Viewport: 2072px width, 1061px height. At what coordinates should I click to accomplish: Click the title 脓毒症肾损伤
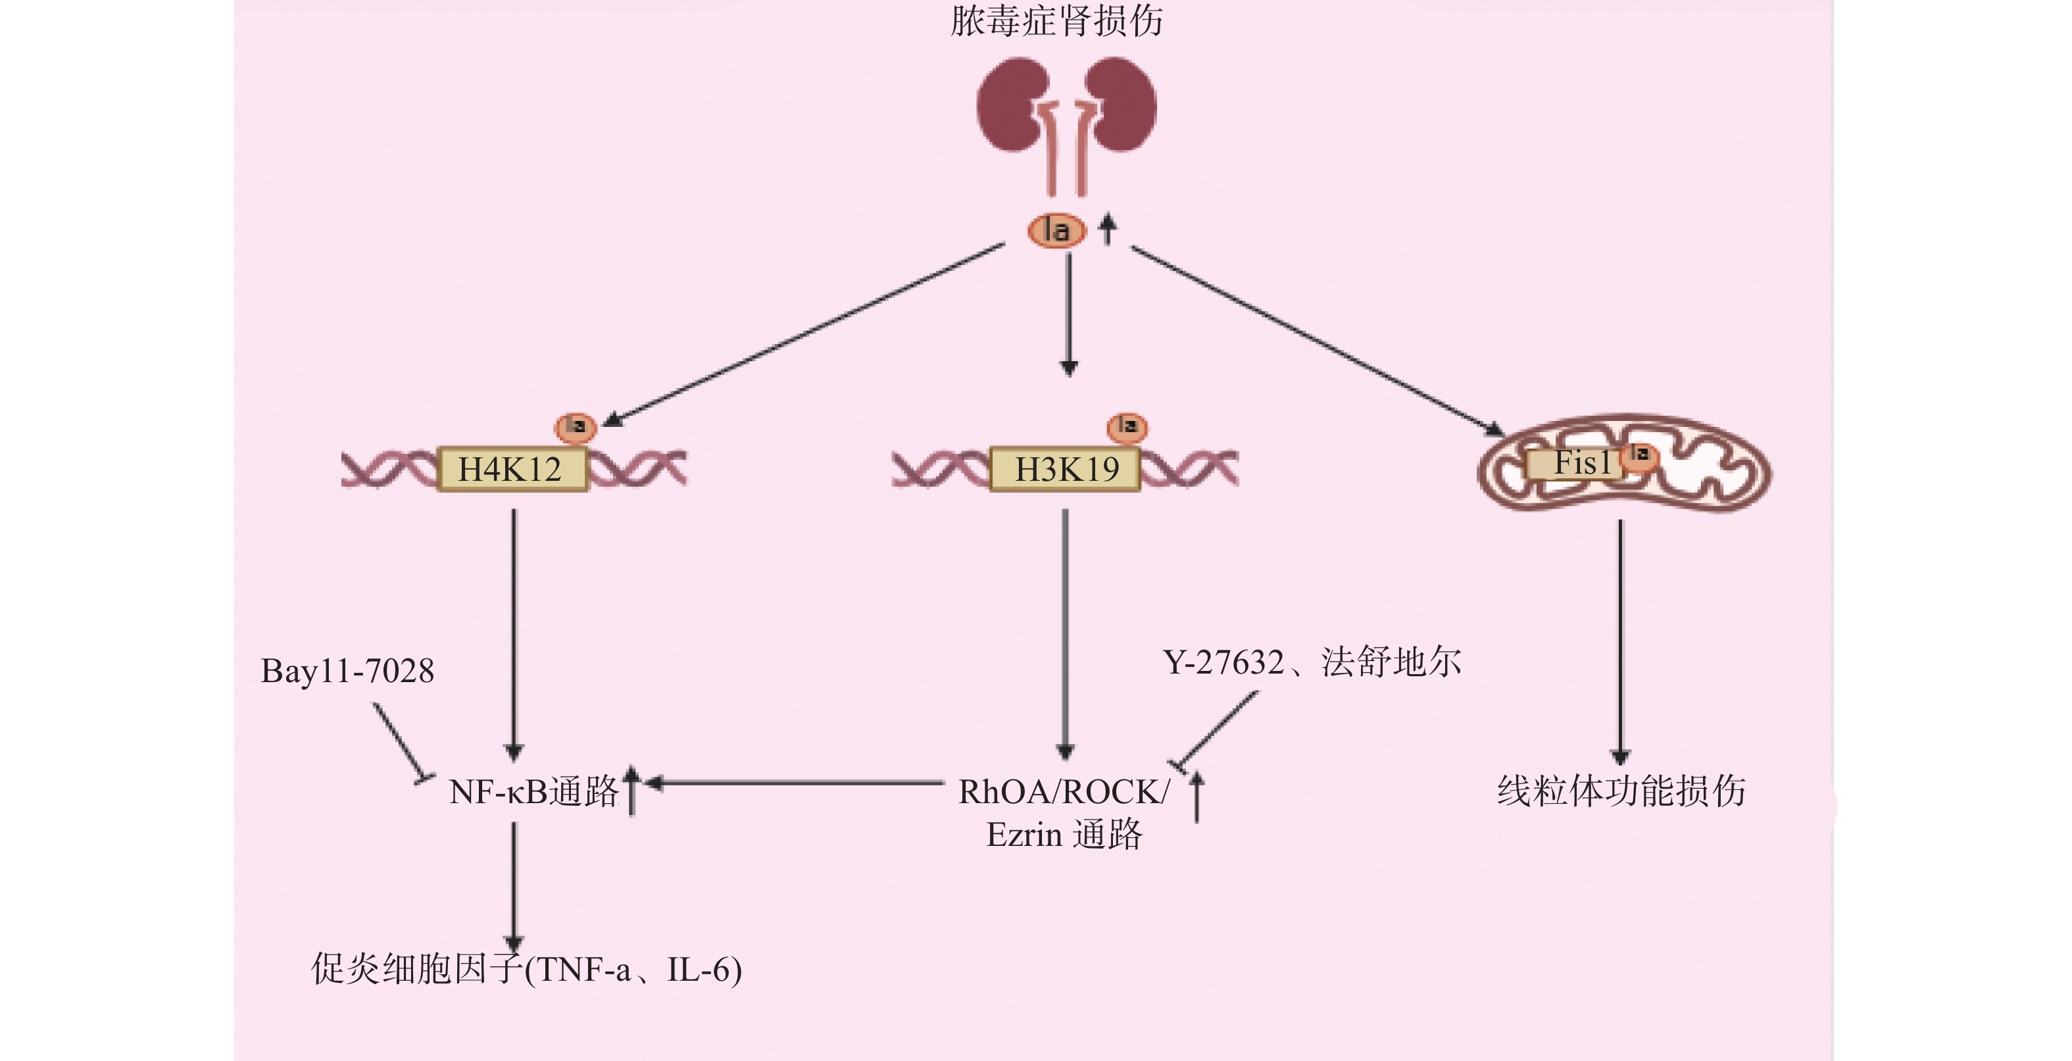[x=1056, y=21]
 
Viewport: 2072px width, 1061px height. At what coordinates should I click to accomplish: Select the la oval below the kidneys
[x=1057, y=232]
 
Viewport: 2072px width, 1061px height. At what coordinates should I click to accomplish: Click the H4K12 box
[x=512, y=469]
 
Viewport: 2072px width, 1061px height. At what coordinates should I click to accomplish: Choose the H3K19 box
[x=1065, y=469]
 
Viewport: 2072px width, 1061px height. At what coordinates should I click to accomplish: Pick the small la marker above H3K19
[x=1127, y=426]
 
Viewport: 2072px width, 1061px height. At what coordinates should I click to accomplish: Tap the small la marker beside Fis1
[x=1639, y=455]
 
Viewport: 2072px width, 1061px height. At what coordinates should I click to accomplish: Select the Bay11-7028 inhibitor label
[x=347, y=671]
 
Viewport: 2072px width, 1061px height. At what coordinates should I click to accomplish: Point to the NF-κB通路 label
[x=533, y=791]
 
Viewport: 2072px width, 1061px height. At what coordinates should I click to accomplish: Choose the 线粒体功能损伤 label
[x=1621, y=791]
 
